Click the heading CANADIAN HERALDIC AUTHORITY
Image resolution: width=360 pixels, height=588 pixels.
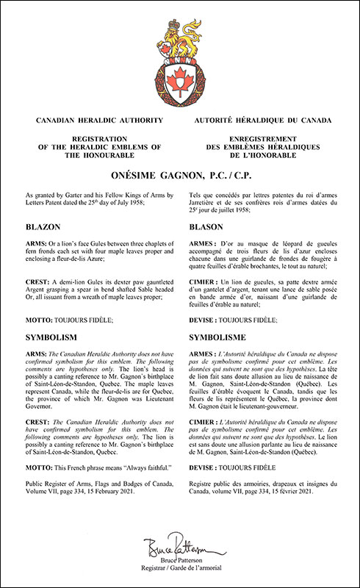90,118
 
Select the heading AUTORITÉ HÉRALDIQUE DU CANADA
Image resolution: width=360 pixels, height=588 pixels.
270,118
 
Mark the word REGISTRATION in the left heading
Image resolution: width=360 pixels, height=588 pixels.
90,137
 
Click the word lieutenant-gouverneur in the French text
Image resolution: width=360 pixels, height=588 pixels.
294,423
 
